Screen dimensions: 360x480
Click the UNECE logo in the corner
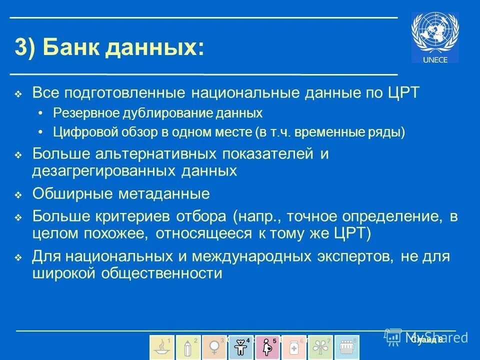(x=434, y=37)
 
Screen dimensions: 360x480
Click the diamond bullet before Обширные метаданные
(x=18, y=195)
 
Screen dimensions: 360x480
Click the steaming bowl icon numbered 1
(x=162, y=347)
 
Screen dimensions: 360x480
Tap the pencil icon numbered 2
(x=188, y=347)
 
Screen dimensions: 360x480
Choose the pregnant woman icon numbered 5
(x=267, y=347)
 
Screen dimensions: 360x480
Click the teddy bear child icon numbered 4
(x=240, y=347)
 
